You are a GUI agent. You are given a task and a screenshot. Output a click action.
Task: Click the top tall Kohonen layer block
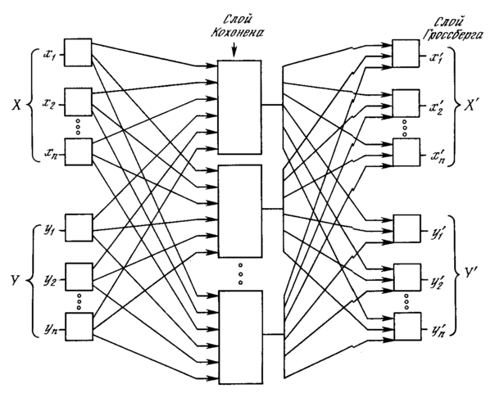239,106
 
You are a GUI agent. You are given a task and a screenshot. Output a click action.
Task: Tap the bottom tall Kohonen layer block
239,327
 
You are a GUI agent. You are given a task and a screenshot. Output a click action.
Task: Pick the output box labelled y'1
406,227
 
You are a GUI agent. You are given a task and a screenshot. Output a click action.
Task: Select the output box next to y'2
406,278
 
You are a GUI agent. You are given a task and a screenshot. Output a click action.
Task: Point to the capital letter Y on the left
14,278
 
